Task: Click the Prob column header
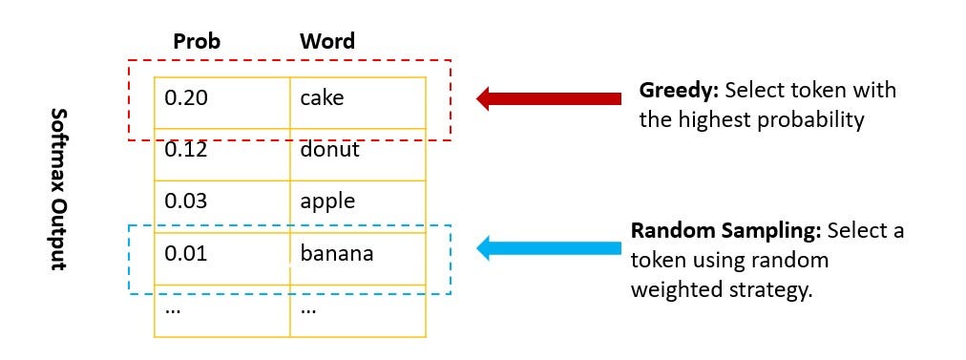tap(197, 41)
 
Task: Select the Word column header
tap(327, 41)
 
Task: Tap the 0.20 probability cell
tap(221, 103)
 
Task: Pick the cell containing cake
tap(358, 103)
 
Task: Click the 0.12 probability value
tap(186, 150)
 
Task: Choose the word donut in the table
tap(329, 150)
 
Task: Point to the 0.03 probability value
tap(186, 201)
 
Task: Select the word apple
tap(327, 202)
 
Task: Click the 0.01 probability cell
tap(221, 259)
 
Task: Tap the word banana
tap(337, 253)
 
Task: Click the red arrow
tap(549, 98)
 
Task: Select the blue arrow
tap(549, 248)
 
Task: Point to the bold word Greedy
tap(680, 92)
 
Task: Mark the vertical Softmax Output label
tap(58, 189)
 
